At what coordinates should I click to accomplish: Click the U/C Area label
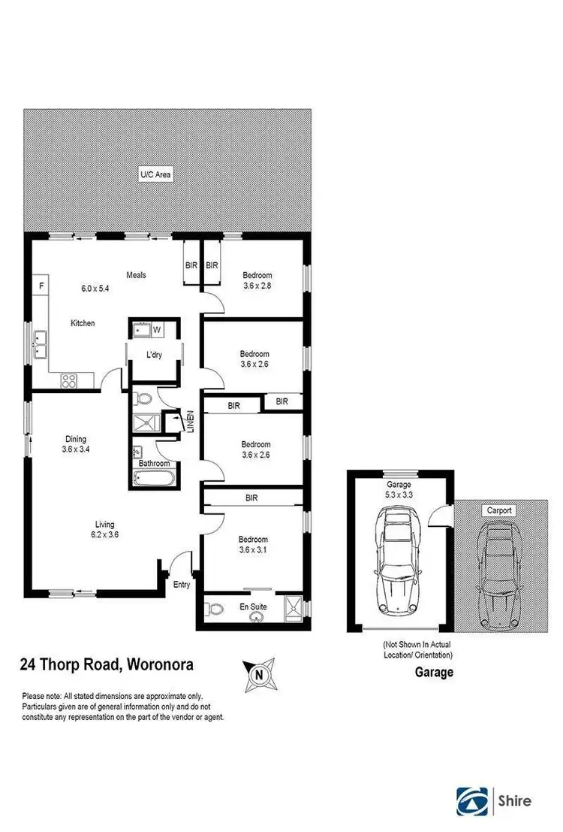coord(155,174)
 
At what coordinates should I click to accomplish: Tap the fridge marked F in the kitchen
coord(42,286)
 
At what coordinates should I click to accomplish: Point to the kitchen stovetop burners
coord(69,380)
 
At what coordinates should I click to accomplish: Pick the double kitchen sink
coord(39,345)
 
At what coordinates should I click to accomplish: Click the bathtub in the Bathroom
coord(156,479)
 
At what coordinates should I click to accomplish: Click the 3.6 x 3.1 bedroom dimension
coord(255,550)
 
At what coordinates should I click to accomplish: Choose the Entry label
coord(182,584)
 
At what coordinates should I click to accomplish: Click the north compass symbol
coord(259,674)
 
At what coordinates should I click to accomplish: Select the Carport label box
coord(499,510)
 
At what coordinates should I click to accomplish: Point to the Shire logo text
coord(515,800)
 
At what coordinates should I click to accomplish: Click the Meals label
coord(136,274)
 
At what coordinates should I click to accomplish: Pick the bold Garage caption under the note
coord(435,673)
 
